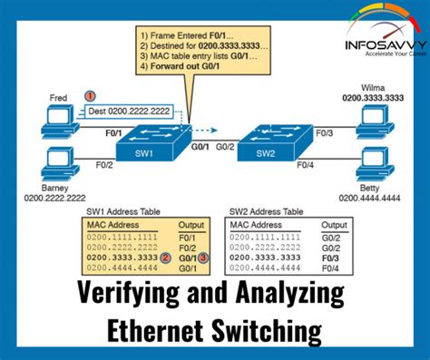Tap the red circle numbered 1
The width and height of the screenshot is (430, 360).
90,95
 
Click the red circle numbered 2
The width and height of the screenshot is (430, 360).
166,258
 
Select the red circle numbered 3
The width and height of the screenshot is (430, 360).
205,258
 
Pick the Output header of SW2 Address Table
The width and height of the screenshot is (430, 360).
335,223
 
